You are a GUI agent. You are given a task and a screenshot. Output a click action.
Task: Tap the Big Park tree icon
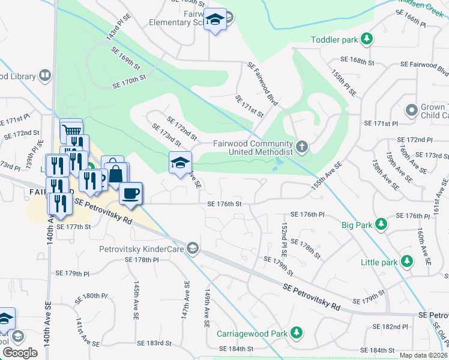click(x=381, y=224)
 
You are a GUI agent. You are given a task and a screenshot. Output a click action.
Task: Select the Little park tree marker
click(x=407, y=262)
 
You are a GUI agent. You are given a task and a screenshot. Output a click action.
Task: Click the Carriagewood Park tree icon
click(x=296, y=332)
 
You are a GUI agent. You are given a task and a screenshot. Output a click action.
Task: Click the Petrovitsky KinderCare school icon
click(x=193, y=248)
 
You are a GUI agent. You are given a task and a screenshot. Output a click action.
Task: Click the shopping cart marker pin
click(x=71, y=130)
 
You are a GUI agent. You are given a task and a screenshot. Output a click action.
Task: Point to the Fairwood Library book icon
click(x=44, y=76)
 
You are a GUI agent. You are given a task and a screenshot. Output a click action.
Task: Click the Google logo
click(x=20, y=353)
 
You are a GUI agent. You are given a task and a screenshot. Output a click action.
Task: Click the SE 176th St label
click(x=224, y=204)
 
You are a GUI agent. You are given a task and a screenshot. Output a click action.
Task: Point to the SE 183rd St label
click(x=154, y=343)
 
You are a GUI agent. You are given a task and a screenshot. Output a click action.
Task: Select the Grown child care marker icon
click(x=411, y=110)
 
